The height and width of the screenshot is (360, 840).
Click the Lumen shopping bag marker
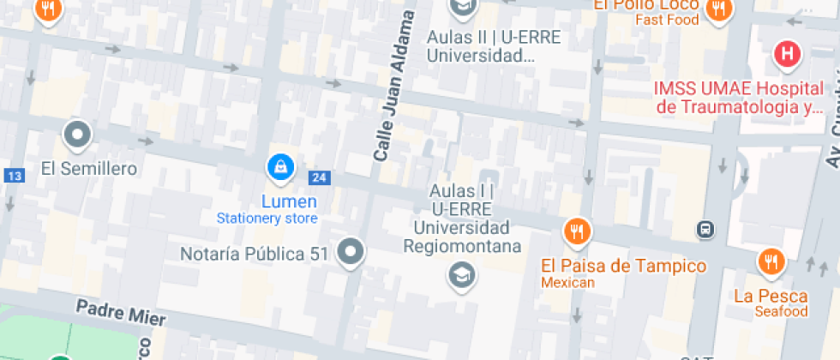279,167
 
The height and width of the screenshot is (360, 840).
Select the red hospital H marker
787,55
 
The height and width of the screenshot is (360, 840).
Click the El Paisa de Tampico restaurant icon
577,231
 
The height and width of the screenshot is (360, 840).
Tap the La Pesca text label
771,297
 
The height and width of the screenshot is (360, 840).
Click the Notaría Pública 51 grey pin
351,252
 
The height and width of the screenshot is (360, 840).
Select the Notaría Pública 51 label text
255,254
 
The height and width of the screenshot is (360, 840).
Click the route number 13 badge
13,176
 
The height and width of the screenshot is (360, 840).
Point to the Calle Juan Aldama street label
394,86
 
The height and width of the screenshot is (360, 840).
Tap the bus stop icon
705,229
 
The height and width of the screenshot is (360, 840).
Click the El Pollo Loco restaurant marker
717,9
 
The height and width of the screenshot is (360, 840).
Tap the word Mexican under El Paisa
567,283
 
